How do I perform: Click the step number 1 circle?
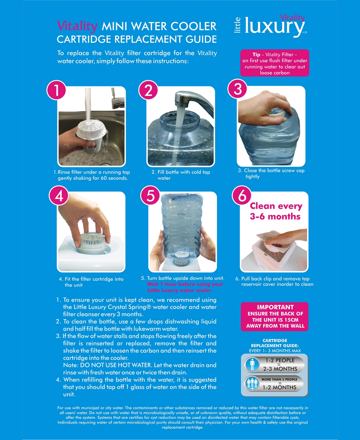(x=56, y=90)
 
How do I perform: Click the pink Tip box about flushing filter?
(x=274, y=63)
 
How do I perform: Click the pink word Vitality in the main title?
(x=77, y=26)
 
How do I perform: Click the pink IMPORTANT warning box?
(x=274, y=316)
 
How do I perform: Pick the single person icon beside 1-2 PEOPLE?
(x=252, y=364)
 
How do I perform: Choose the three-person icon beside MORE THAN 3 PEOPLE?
(x=252, y=384)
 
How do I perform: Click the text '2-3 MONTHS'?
(x=280, y=369)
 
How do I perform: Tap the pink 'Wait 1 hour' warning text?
(x=185, y=287)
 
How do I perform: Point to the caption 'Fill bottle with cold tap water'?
(x=181, y=175)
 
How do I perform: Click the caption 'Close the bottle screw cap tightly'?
(x=271, y=173)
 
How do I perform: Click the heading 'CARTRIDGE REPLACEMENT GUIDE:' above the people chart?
(x=275, y=343)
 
